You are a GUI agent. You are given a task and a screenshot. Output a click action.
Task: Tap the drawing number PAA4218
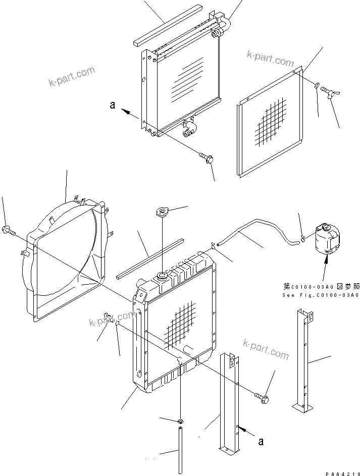point(341,472)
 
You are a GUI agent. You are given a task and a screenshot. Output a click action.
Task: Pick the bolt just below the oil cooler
point(207,158)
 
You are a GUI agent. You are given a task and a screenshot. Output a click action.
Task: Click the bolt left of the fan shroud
point(9,231)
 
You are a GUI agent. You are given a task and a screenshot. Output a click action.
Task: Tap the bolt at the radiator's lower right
point(262,398)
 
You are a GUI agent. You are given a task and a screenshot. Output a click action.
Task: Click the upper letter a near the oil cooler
point(113,105)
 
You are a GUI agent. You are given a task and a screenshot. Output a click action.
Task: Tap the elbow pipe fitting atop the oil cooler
point(225,26)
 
